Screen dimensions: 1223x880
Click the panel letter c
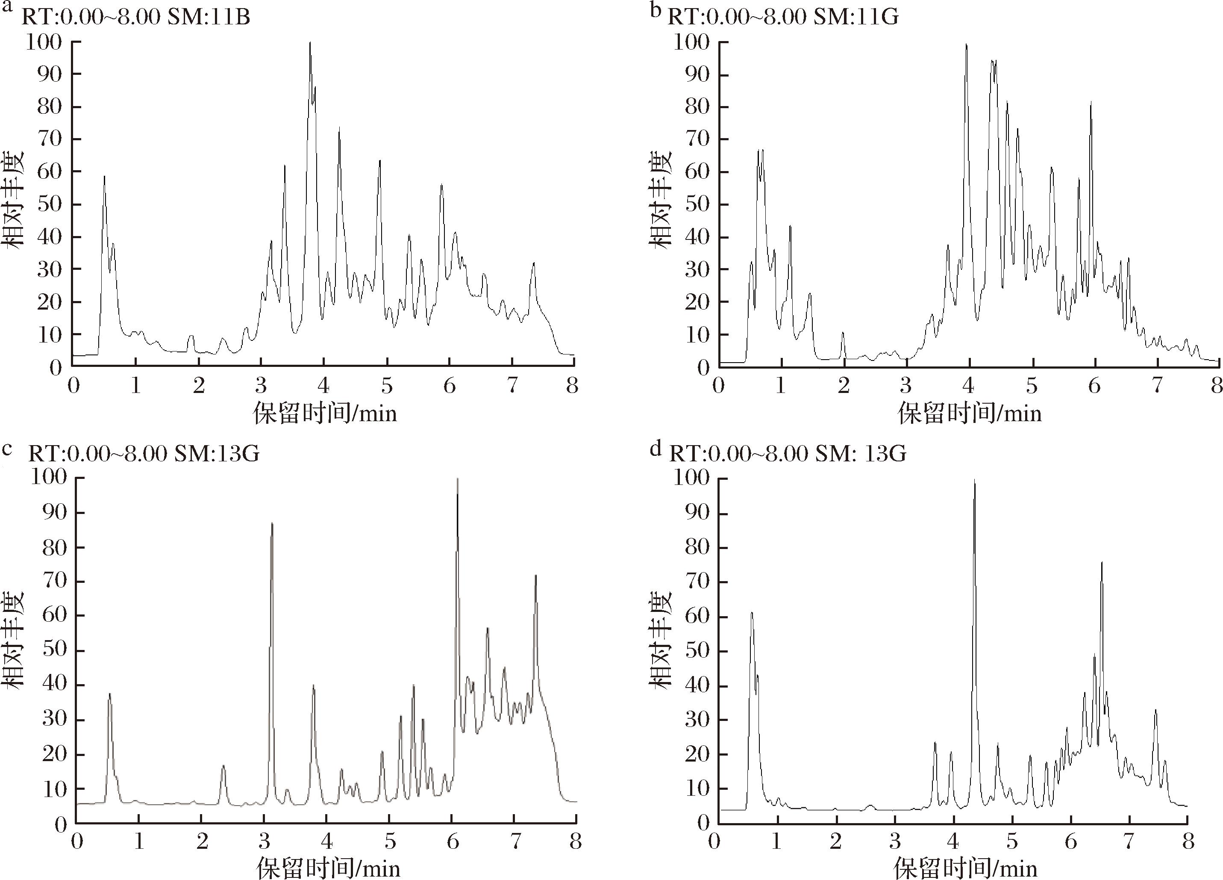7,449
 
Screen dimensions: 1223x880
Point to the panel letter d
655,449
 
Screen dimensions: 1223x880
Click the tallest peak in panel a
310,43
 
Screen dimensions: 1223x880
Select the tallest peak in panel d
974,481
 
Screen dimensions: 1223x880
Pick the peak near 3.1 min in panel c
272,524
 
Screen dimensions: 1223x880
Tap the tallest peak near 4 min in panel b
966,45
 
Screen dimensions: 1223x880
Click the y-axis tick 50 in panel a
50,204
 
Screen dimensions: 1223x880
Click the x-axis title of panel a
325,414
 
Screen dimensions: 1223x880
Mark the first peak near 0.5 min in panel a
105,177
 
